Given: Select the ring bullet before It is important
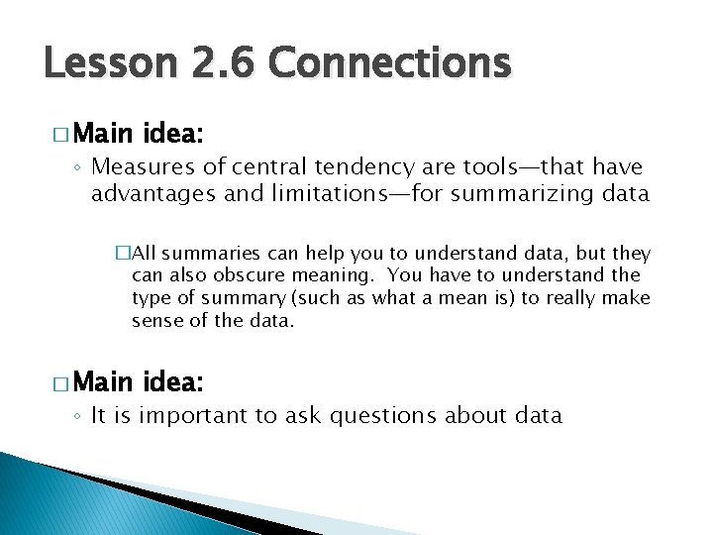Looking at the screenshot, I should point(81,416).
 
